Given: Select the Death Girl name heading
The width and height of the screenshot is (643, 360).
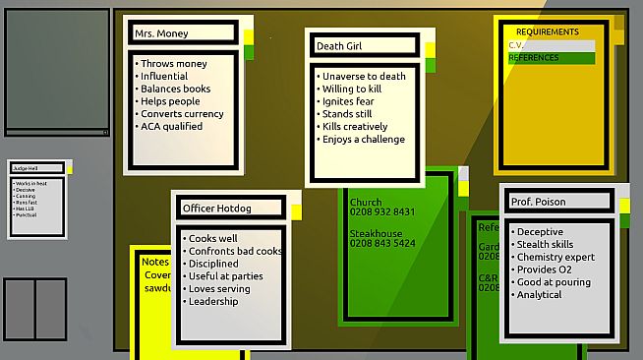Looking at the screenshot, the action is coord(340,45).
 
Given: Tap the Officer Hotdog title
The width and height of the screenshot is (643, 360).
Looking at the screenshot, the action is coord(216,208).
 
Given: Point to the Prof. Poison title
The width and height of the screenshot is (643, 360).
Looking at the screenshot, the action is coord(538,202).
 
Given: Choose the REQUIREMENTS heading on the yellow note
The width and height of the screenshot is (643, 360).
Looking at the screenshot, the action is coord(548,31).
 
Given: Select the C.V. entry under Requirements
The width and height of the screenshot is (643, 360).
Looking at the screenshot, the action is coord(517,45).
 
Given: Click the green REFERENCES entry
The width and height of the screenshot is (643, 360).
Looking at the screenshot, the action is coord(534,58).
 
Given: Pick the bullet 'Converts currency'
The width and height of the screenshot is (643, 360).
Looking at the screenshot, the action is coord(181,113).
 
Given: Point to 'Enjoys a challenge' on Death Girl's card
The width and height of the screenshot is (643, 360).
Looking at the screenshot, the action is coord(363,140).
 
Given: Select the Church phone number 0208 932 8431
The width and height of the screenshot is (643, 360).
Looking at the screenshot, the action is coord(382,211).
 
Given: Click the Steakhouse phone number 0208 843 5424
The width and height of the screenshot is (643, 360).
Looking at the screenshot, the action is coord(382,243).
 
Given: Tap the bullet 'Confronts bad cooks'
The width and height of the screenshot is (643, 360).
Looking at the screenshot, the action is coord(235,251).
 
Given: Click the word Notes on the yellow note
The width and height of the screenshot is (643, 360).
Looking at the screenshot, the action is coord(155,262).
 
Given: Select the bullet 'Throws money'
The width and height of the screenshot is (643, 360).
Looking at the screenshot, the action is coord(173,64).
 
